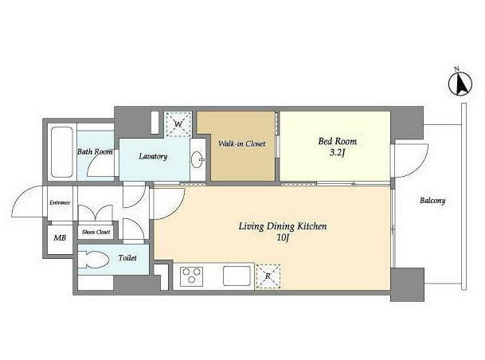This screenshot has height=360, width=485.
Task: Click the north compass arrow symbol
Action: click(x=460, y=84)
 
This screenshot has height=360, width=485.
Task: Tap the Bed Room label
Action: click(x=338, y=141)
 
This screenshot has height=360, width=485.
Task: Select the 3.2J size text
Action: click(x=337, y=152)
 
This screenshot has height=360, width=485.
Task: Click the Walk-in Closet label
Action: click(x=242, y=144)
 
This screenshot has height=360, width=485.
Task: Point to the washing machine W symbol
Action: click(x=178, y=124)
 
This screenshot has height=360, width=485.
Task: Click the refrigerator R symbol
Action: click(x=268, y=276)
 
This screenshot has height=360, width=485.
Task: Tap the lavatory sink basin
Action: click(x=198, y=159)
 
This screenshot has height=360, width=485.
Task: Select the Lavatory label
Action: click(x=153, y=156)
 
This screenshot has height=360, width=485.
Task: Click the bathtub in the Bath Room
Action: click(x=62, y=152)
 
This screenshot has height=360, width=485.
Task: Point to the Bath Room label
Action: click(x=95, y=152)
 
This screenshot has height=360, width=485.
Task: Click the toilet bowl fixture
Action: click(x=92, y=259)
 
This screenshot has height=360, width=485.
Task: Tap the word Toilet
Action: click(x=127, y=257)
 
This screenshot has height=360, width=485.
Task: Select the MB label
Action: click(x=60, y=238)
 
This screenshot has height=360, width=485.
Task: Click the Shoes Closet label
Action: click(x=96, y=232)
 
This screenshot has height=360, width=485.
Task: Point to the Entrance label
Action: click(x=60, y=203)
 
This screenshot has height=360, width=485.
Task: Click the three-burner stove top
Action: click(x=191, y=276)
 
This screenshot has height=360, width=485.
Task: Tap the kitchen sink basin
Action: click(x=237, y=276)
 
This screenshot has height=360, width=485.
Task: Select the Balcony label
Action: click(x=432, y=201)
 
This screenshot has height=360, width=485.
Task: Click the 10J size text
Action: click(x=283, y=238)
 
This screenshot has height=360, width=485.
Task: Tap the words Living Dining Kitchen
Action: click(x=283, y=226)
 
